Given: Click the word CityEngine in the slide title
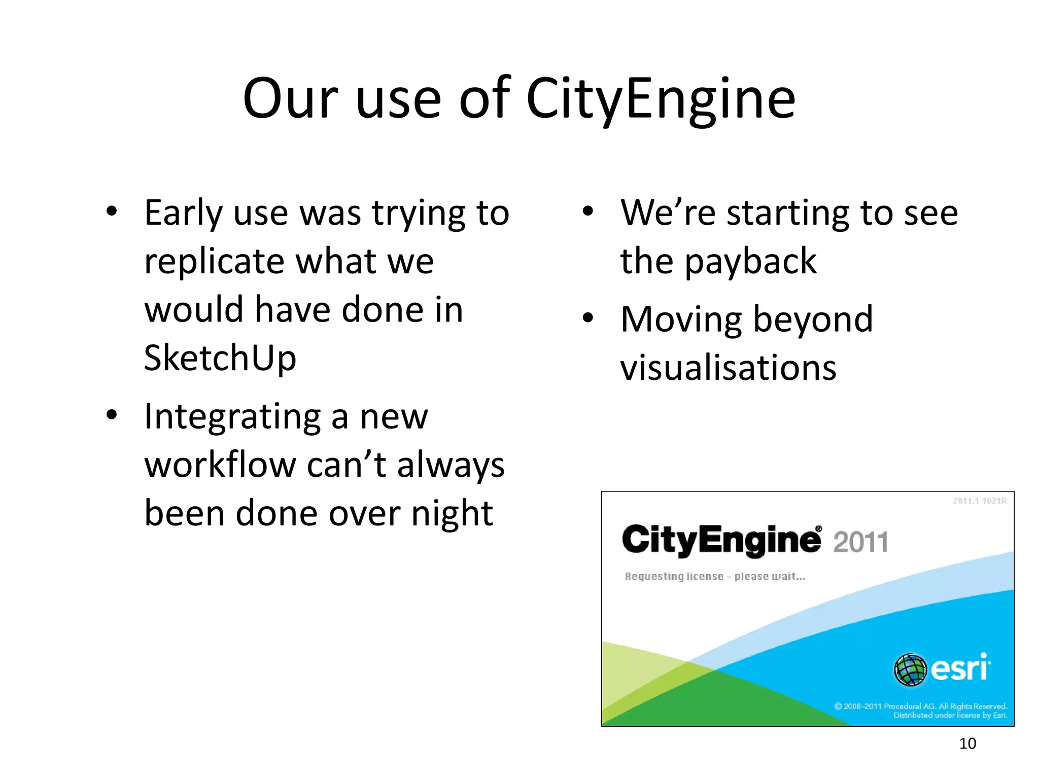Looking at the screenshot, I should tap(661, 99).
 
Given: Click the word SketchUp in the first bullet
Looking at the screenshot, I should tap(220, 358).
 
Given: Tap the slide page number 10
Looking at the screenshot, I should tap(967, 743).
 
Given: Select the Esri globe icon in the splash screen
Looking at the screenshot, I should tap(910, 669).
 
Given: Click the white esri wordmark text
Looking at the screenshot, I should tap(960, 668).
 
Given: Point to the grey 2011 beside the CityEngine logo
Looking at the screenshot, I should tap(860, 542).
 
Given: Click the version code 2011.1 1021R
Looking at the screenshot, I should tap(979, 501).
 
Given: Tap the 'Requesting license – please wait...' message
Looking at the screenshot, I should tap(715, 577).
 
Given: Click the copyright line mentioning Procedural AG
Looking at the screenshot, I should tap(920, 706).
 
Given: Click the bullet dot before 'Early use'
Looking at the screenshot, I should tap(112, 211).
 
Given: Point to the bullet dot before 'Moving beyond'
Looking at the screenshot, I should tap(587, 318).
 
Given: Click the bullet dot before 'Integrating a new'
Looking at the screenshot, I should tap(112, 415).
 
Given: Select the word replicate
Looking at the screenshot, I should tap(214, 262).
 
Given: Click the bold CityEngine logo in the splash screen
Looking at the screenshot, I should tap(721, 540).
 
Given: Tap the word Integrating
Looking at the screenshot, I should tap(232, 417).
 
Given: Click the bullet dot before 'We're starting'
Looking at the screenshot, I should tap(587, 211).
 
